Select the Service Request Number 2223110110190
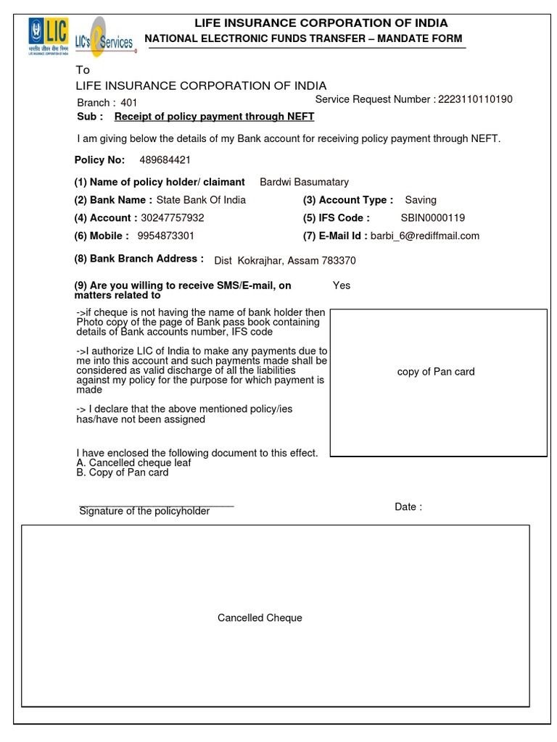[474, 99]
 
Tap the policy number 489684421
[170, 159]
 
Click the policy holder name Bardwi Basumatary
[304, 182]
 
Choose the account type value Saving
[421, 200]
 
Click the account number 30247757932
[173, 218]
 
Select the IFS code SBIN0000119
[433, 218]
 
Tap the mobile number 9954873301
[165, 236]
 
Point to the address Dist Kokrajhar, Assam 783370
[285, 261]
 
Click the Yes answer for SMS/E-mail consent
[342, 285]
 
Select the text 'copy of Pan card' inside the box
[436, 372]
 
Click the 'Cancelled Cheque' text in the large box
[260, 618]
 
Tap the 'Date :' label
[408, 507]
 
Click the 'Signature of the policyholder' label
[144, 512]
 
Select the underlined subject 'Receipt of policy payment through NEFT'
[214, 117]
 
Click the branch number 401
[128, 103]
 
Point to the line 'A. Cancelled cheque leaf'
[133, 462]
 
